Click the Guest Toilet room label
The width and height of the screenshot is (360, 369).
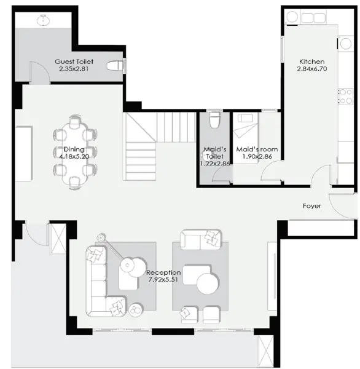point(74,61)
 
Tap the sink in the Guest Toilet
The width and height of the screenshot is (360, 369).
point(43,20)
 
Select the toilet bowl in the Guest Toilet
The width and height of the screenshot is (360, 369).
point(115,65)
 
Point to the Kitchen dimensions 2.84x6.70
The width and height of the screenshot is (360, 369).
point(312,69)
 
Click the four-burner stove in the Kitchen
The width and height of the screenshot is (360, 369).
point(346,96)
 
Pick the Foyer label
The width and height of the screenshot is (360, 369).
point(312,206)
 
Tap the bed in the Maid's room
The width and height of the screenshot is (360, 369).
point(245,138)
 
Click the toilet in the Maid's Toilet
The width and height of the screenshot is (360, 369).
point(214,119)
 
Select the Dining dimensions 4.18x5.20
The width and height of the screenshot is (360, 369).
point(74,156)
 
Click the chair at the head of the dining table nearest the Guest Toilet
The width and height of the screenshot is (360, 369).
point(74,120)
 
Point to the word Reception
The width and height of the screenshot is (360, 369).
point(163,272)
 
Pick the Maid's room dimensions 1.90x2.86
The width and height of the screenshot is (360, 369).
point(257,156)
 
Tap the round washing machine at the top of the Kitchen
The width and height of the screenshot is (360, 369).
point(292,17)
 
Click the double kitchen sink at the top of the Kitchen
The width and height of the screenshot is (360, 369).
point(313,18)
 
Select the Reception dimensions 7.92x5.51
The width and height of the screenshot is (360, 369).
point(163,280)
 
